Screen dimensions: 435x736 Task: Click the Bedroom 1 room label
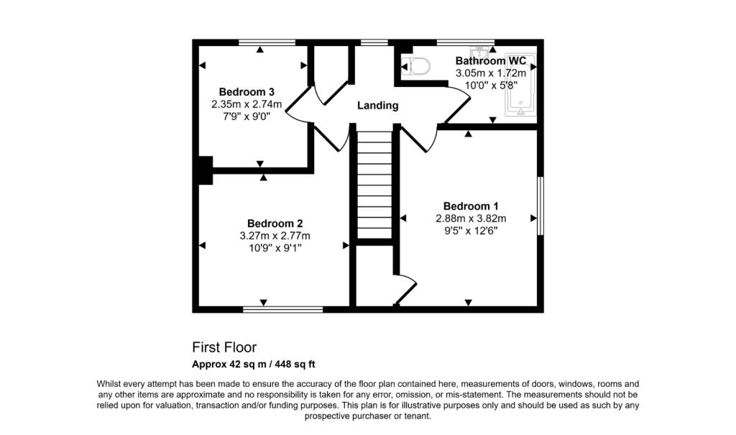pos(471,206)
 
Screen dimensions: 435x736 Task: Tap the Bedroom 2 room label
pos(275,223)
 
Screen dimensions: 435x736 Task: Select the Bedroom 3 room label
pos(247,92)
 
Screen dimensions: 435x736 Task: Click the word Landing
pos(378,106)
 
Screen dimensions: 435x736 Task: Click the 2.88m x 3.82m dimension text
pos(471,219)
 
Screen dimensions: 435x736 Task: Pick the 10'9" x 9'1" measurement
pos(275,248)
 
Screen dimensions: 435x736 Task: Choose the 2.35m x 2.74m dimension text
pos(247,105)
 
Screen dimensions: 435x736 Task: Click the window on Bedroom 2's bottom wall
pos(282,310)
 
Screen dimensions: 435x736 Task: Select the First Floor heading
pos(224,348)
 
